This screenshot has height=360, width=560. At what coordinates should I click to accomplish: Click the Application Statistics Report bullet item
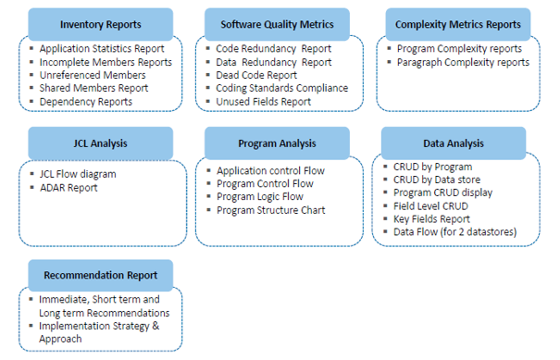point(102,48)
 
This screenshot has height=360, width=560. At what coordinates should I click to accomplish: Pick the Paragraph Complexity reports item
point(463,62)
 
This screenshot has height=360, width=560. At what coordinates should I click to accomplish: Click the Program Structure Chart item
point(270,210)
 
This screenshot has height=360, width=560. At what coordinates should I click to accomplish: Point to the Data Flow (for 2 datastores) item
point(454,231)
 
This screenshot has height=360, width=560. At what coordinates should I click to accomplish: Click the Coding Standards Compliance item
point(282,88)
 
